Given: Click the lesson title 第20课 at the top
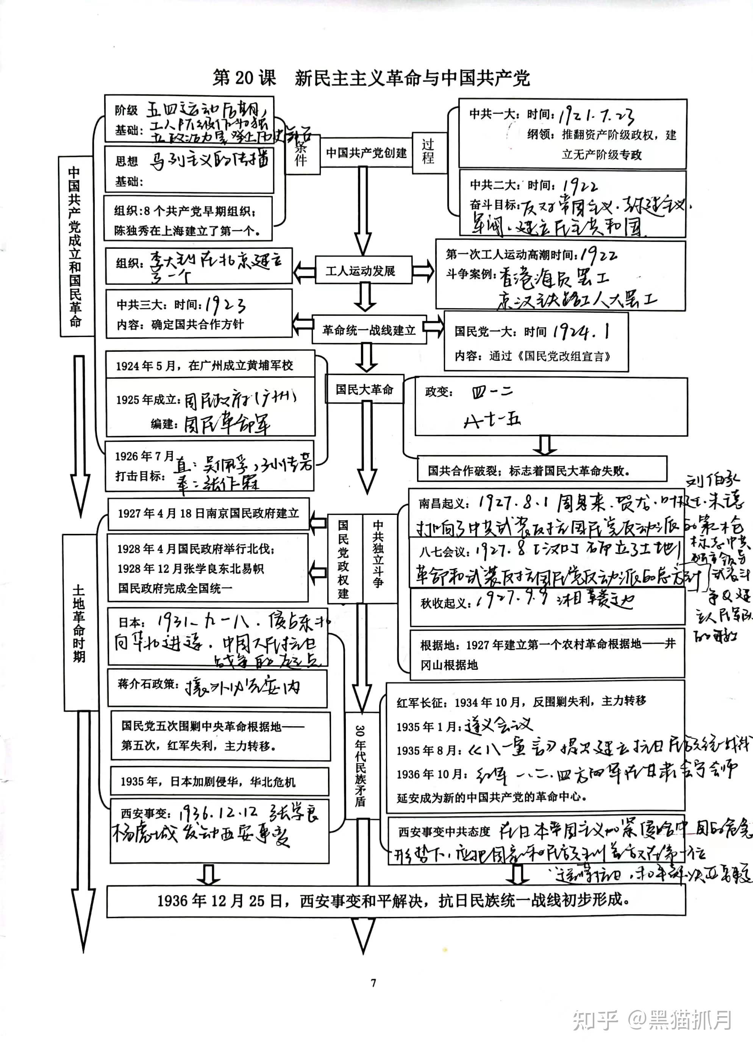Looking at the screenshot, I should (244, 78).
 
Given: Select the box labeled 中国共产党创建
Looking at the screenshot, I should (366, 153).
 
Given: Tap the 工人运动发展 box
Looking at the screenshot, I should (363, 271).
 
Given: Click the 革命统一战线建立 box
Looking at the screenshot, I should (369, 330).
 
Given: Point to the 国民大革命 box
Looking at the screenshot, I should (364, 389).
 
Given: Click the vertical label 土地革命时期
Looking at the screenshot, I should (79, 623).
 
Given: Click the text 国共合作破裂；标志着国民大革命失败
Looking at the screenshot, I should (529, 471).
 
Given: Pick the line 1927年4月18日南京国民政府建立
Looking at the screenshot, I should (208, 513).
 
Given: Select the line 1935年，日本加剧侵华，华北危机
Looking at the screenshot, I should (208, 782).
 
